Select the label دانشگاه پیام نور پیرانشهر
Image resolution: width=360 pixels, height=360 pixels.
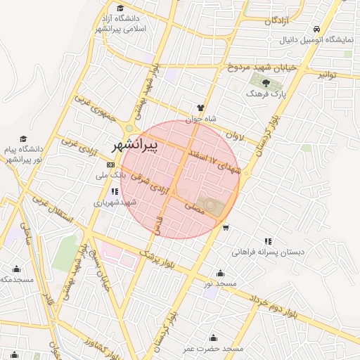click(x=23, y=155)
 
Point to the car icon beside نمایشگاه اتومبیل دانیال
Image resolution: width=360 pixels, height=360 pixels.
click(x=317, y=30)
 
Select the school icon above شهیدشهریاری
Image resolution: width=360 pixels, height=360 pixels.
click(x=113, y=191)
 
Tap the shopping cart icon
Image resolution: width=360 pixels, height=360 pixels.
click(x=226, y=228)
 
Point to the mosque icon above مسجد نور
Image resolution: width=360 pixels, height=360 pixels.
click(x=221, y=273)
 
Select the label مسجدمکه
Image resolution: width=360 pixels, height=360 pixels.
click(x=16, y=279)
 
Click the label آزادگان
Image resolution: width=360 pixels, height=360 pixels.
click(x=278, y=21)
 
